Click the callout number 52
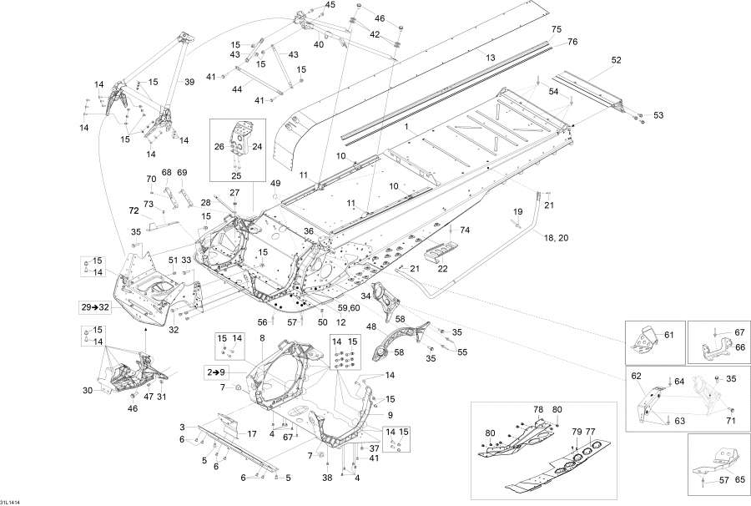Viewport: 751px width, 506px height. (617, 60)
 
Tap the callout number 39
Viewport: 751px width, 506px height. (189, 81)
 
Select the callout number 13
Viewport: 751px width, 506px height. (491, 57)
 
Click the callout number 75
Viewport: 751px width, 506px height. (557, 29)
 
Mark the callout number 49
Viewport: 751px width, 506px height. (275, 183)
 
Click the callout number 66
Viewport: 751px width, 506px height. (739, 347)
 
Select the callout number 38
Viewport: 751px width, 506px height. (328, 478)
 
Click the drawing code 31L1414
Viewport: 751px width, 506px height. (10, 500)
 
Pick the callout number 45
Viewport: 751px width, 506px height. (307, 5)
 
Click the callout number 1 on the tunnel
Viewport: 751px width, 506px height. (406, 128)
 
